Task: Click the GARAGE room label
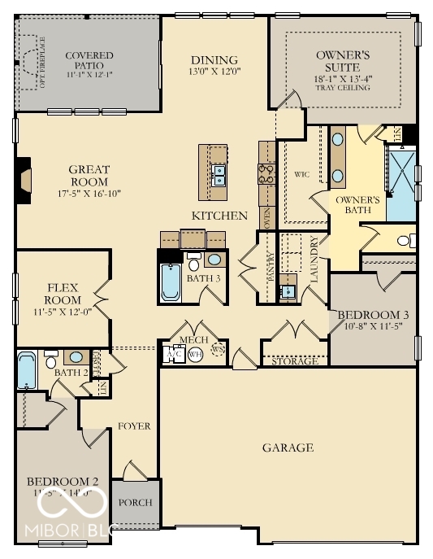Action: tap(287, 448)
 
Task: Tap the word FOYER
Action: tap(134, 426)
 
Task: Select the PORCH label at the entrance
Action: tap(135, 502)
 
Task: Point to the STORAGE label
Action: tap(294, 360)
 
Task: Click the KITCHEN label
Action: tap(219, 216)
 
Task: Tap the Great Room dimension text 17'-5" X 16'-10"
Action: tap(89, 194)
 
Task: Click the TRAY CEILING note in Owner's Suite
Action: tap(342, 87)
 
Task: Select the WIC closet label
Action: tap(302, 174)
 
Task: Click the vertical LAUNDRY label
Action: tap(314, 260)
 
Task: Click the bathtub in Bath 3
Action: tap(171, 281)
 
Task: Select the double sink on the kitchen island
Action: tap(219, 172)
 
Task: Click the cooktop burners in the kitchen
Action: tap(266, 172)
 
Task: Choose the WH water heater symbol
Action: tap(195, 355)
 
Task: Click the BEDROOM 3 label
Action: tap(373, 315)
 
